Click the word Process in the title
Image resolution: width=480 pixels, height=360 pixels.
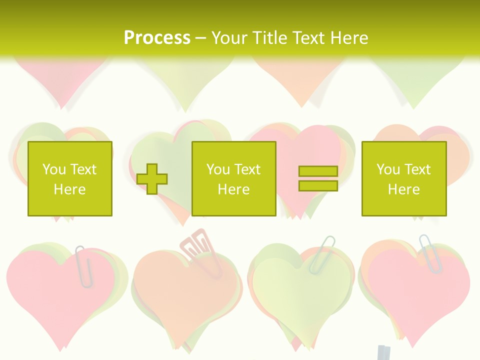coord(157,38)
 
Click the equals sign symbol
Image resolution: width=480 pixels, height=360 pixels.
coord(318,178)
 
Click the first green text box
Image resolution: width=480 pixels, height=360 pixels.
coord(70,179)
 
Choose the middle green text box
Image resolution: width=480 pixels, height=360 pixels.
coord(233,179)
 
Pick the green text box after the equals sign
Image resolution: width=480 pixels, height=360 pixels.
coord(403,179)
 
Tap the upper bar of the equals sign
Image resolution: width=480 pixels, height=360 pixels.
coord(318,171)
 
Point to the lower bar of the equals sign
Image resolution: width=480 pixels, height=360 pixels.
coord(318,185)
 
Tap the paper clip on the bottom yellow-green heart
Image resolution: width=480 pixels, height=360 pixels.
coord(321,254)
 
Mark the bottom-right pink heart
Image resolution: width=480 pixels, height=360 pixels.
coord(420,295)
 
